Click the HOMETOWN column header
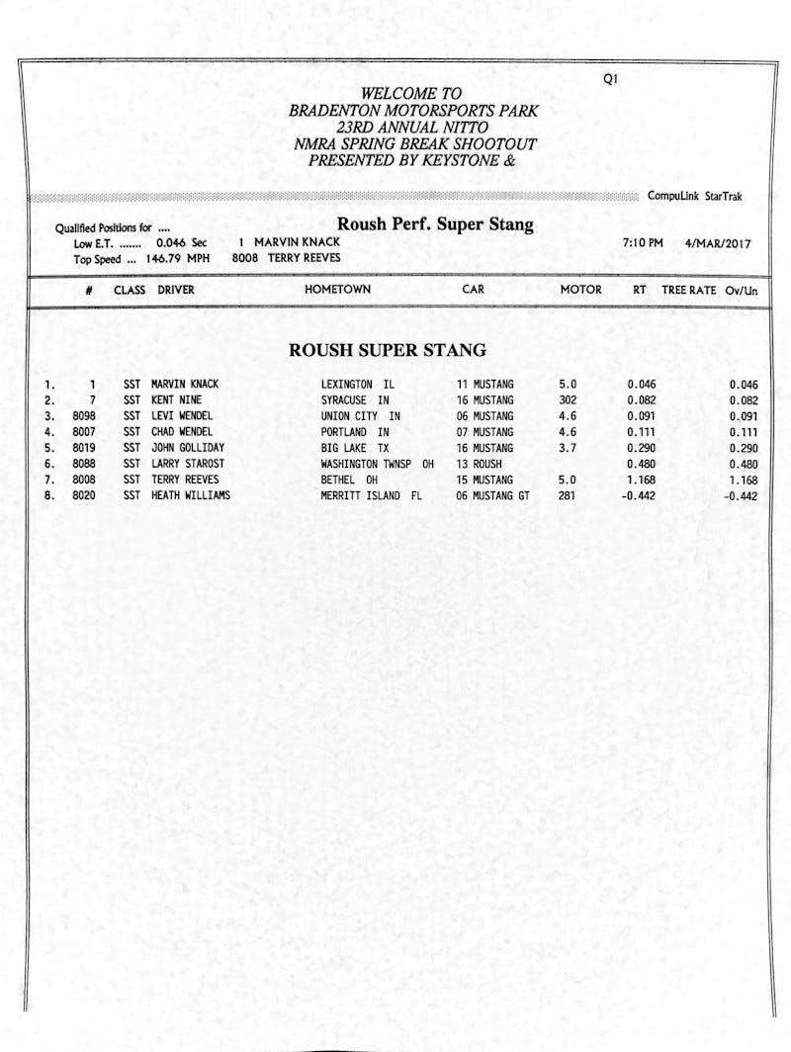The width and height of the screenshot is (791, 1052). tap(337, 290)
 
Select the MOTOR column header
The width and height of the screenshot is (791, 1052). tap(580, 290)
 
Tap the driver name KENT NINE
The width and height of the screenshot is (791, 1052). tap(176, 400)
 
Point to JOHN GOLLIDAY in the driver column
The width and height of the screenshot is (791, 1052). tap(188, 448)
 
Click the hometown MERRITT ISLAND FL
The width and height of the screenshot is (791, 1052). tap(371, 495)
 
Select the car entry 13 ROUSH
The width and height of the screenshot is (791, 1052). tap(479, 464)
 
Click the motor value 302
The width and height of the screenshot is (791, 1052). tap(567, 400)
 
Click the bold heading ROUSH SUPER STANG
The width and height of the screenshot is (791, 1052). tap(387, 350)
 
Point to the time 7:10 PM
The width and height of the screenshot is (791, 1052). tap(643, 242)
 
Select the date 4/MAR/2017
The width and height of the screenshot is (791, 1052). tap(717, 242)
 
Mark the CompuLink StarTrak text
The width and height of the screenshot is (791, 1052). tap(695, 196)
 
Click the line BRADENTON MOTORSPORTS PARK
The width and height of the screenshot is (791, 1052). tap(413, 112)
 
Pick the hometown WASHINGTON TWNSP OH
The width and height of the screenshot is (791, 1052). tap(377, 464)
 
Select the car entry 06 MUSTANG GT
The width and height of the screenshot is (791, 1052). tap(492, 495)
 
